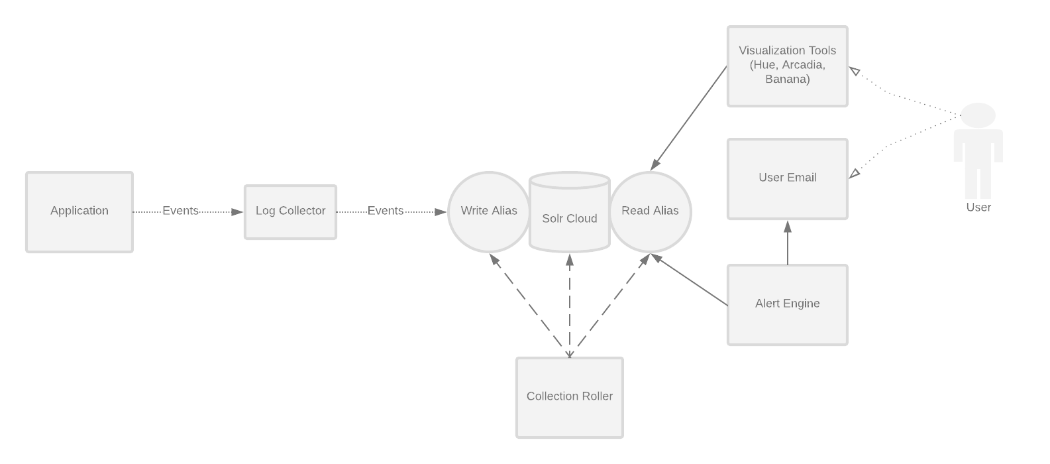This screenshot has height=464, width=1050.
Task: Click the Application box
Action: [x=79, y=212]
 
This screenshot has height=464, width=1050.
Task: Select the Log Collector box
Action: [x=290, y=212]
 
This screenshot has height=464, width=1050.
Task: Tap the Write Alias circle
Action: [x=488, y=211]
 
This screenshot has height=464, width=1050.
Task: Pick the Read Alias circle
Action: [x=650, y=211]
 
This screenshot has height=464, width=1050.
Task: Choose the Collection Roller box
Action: [x=569, y=397]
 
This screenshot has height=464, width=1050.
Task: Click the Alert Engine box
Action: [x=787, y=304]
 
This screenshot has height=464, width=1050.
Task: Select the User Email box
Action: [x=787, y=178]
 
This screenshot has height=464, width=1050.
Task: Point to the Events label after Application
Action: [x=180, y=211]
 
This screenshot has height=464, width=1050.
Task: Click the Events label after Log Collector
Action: [x=386, y=211]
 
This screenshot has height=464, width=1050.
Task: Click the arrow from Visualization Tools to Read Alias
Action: [x=689, y=117]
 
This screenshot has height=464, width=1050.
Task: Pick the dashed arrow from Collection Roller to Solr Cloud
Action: [x=569, y=305]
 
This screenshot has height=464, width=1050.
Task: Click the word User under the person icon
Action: [x=978, y=207]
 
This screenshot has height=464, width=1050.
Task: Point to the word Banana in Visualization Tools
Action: [x=787, y=80]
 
